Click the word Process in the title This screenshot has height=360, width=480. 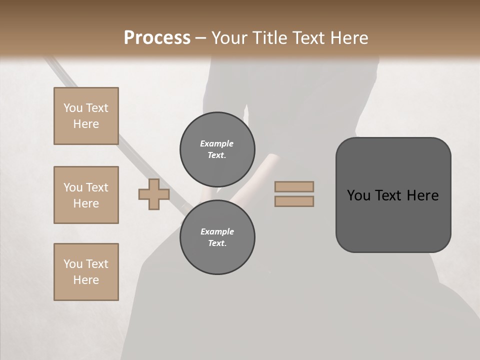pos(157,37)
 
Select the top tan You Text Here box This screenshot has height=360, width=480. pos(86,116)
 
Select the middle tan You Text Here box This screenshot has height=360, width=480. pos(86,195)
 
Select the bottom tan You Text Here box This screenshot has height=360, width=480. pos(86,272)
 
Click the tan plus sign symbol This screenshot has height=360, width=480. pos(154,194)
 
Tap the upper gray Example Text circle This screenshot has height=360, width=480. pos(217,149)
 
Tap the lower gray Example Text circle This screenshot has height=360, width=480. pos(217,237)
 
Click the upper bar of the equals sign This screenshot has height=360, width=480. pos(294,186)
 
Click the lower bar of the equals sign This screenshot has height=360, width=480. pos(294,201)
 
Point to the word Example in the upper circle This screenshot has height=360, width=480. pos(217,143)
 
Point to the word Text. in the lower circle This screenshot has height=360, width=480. pos(217,243)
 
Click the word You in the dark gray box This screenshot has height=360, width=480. pos(358,195)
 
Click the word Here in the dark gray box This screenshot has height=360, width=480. pos(422,195)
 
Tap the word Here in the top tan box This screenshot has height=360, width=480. pos(86,124)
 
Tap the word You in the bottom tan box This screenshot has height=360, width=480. pos(73,264)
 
